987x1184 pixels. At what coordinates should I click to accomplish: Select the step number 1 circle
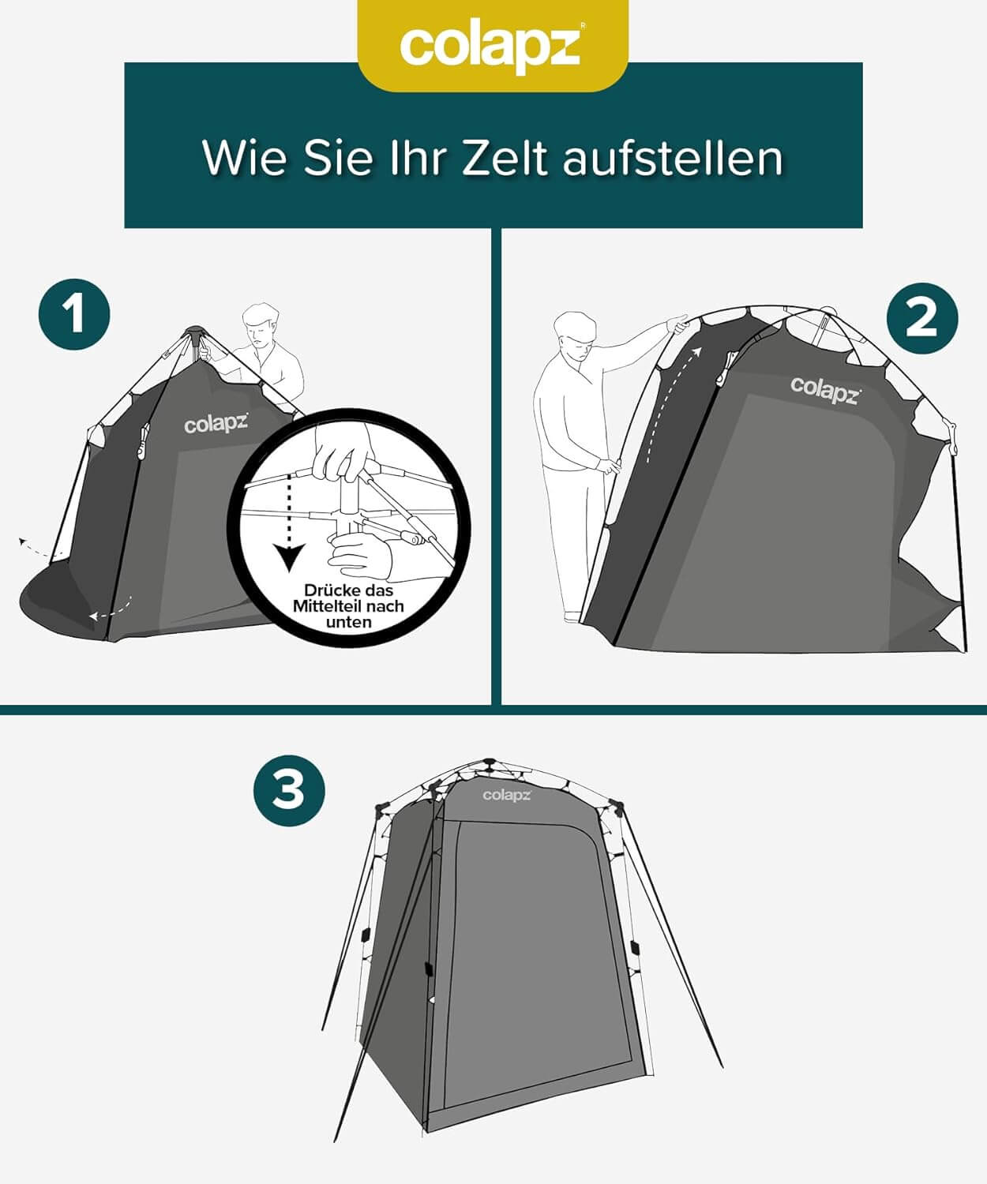click(74, 313)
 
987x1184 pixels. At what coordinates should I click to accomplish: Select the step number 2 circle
click(921, 318)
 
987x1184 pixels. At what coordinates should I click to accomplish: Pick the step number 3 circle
click(289, 790)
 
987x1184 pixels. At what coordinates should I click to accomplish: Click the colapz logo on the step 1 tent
click(216, 425)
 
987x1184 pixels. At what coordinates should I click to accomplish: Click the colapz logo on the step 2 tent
click(826, 390)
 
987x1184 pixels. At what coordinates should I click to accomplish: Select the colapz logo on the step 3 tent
click(507, 795)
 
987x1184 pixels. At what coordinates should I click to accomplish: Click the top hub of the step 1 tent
click(194, 331)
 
